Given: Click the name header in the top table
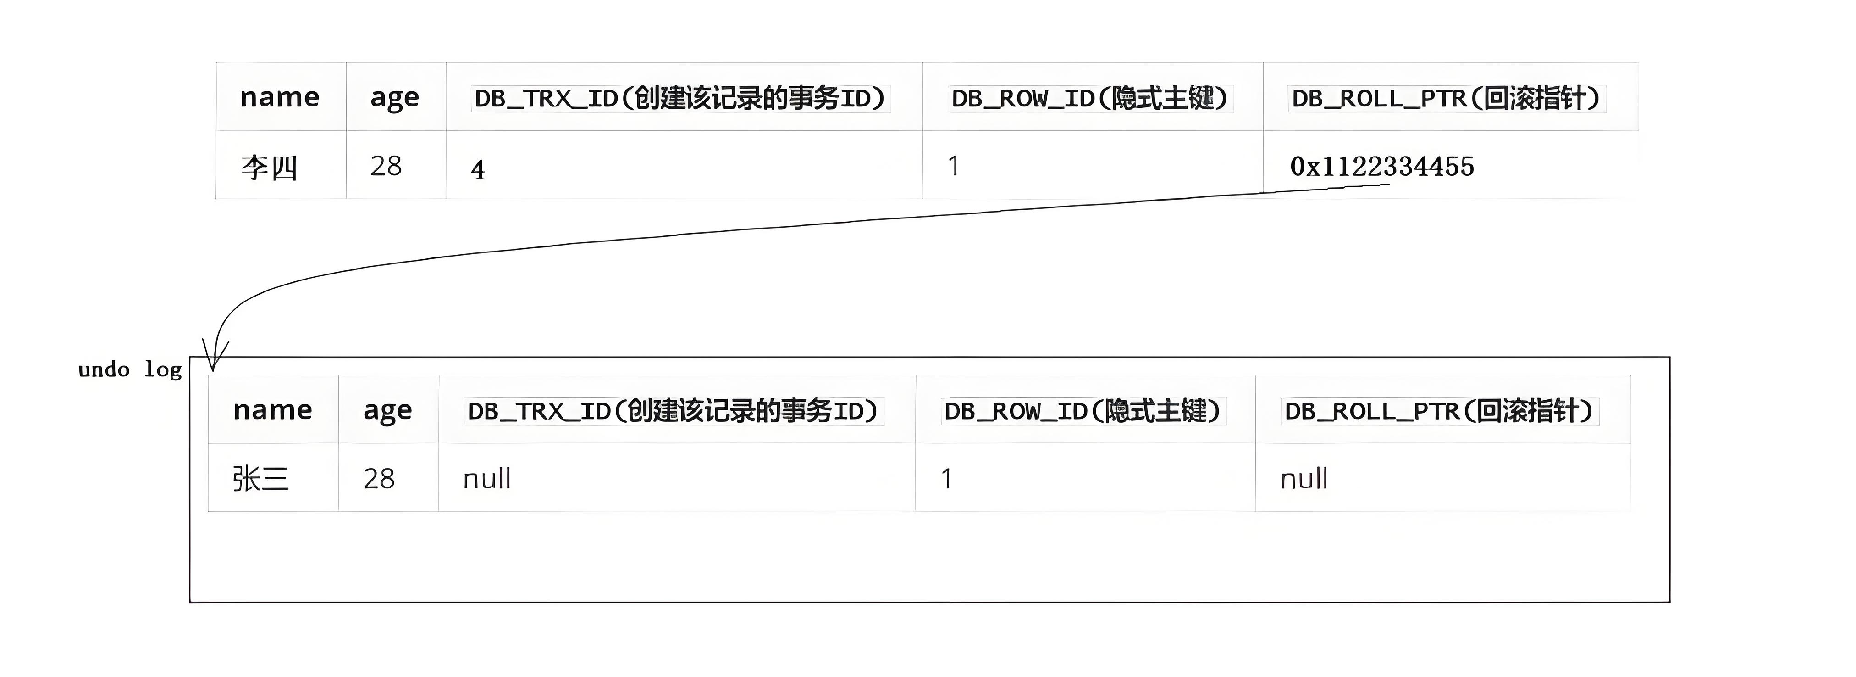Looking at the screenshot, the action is pos(279,97).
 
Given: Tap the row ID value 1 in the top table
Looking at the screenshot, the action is pos(954,166).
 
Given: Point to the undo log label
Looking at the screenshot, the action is pos(130,369).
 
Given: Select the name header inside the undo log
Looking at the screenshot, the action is pos(272,409).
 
